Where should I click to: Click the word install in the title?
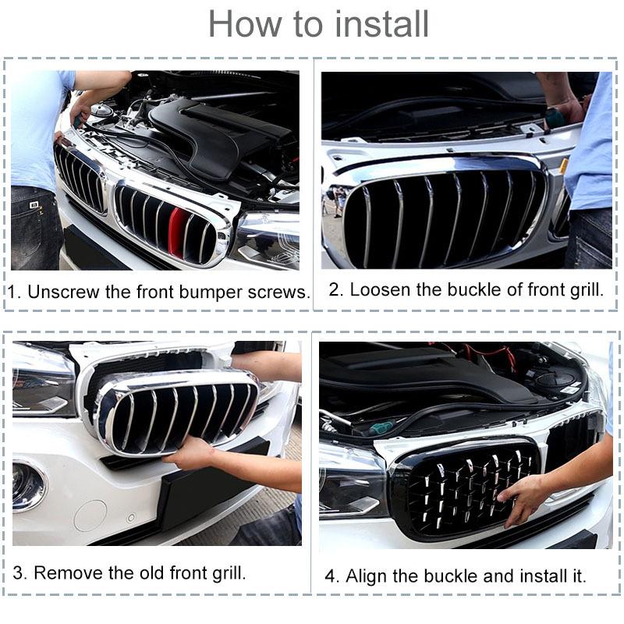click(x=382, y=24)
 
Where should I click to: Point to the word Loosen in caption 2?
click(x=379, y=290)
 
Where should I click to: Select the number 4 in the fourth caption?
click(x=330, y=576)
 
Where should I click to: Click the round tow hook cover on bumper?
click(x=90, y=515)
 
